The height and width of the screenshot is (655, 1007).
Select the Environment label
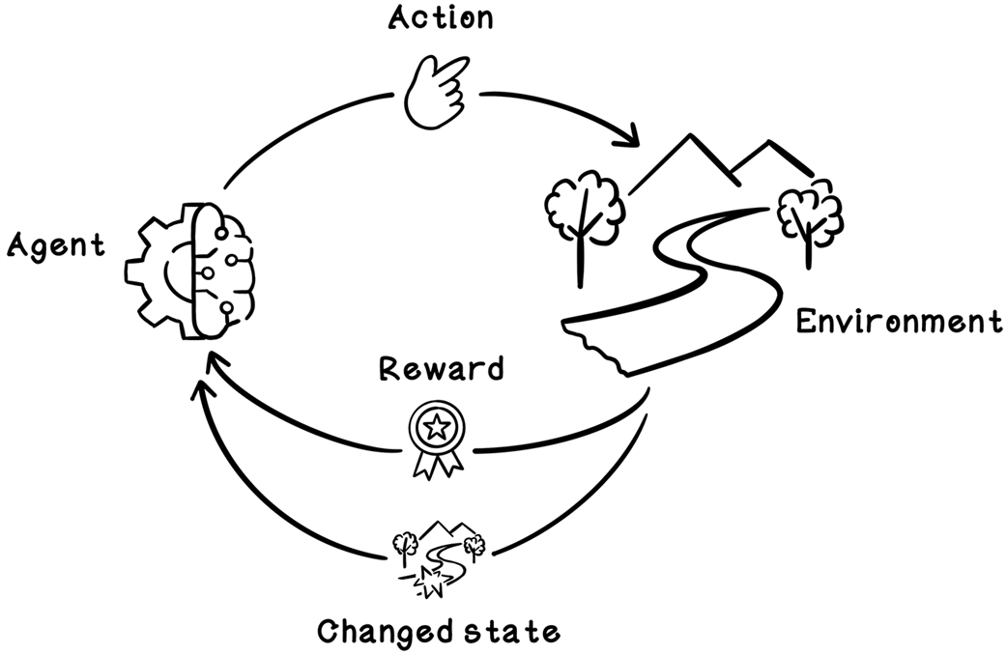coord(899,322)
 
